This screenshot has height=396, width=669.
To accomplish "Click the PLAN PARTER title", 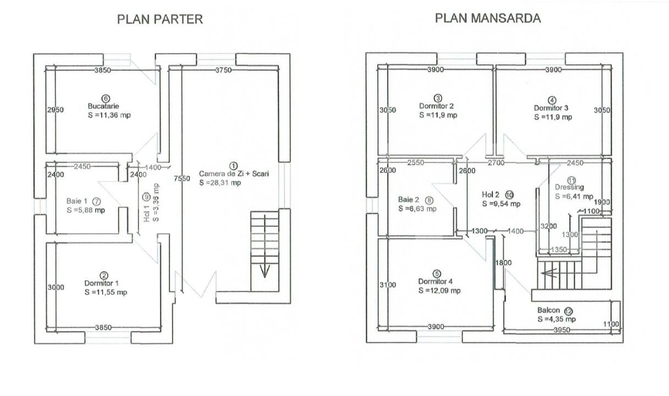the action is [x=160, y=19].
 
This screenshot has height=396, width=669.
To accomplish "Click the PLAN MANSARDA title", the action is [x=487, y=18].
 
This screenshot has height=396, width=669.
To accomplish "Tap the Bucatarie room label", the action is [x=103, y=106].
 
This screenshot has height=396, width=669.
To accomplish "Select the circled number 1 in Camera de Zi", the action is [x=234, y=166].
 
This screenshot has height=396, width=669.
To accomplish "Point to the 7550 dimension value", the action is [x=182, y=178].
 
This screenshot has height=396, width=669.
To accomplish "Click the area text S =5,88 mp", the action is [x=86, y=210].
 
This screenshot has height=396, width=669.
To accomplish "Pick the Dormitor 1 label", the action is [x=102, y=283].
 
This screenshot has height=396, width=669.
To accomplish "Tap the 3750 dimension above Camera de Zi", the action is [x=223, y=70].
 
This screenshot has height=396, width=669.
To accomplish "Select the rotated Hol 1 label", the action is [x=146, y=214].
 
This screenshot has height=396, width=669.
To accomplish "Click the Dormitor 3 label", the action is [x=551, y=108].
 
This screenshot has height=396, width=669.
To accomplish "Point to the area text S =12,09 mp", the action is [x=440, y=290].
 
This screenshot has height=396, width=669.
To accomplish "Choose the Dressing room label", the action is [x=569, y=187].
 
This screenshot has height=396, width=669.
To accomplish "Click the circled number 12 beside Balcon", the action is [x=569, y=311].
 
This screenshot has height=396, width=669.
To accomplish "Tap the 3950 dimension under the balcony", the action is [x=562, y=330].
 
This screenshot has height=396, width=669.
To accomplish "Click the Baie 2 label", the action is [x=408, y=200].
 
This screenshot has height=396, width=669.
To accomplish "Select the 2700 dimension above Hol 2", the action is [x=496, y=163].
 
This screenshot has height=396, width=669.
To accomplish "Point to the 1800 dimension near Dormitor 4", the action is [x=503, y=263].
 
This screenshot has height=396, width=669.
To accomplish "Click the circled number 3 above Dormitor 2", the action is [x=438, y=98].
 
